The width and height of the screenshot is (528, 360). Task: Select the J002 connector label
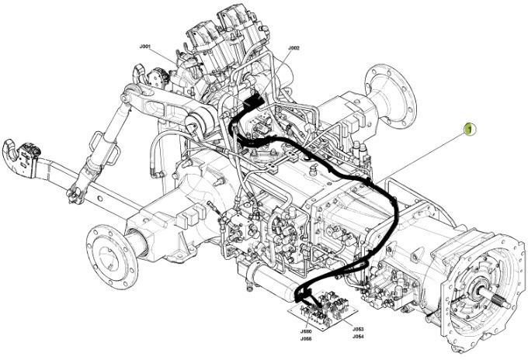click(294, 48)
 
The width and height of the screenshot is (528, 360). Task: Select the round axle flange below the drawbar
click(109, 248)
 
